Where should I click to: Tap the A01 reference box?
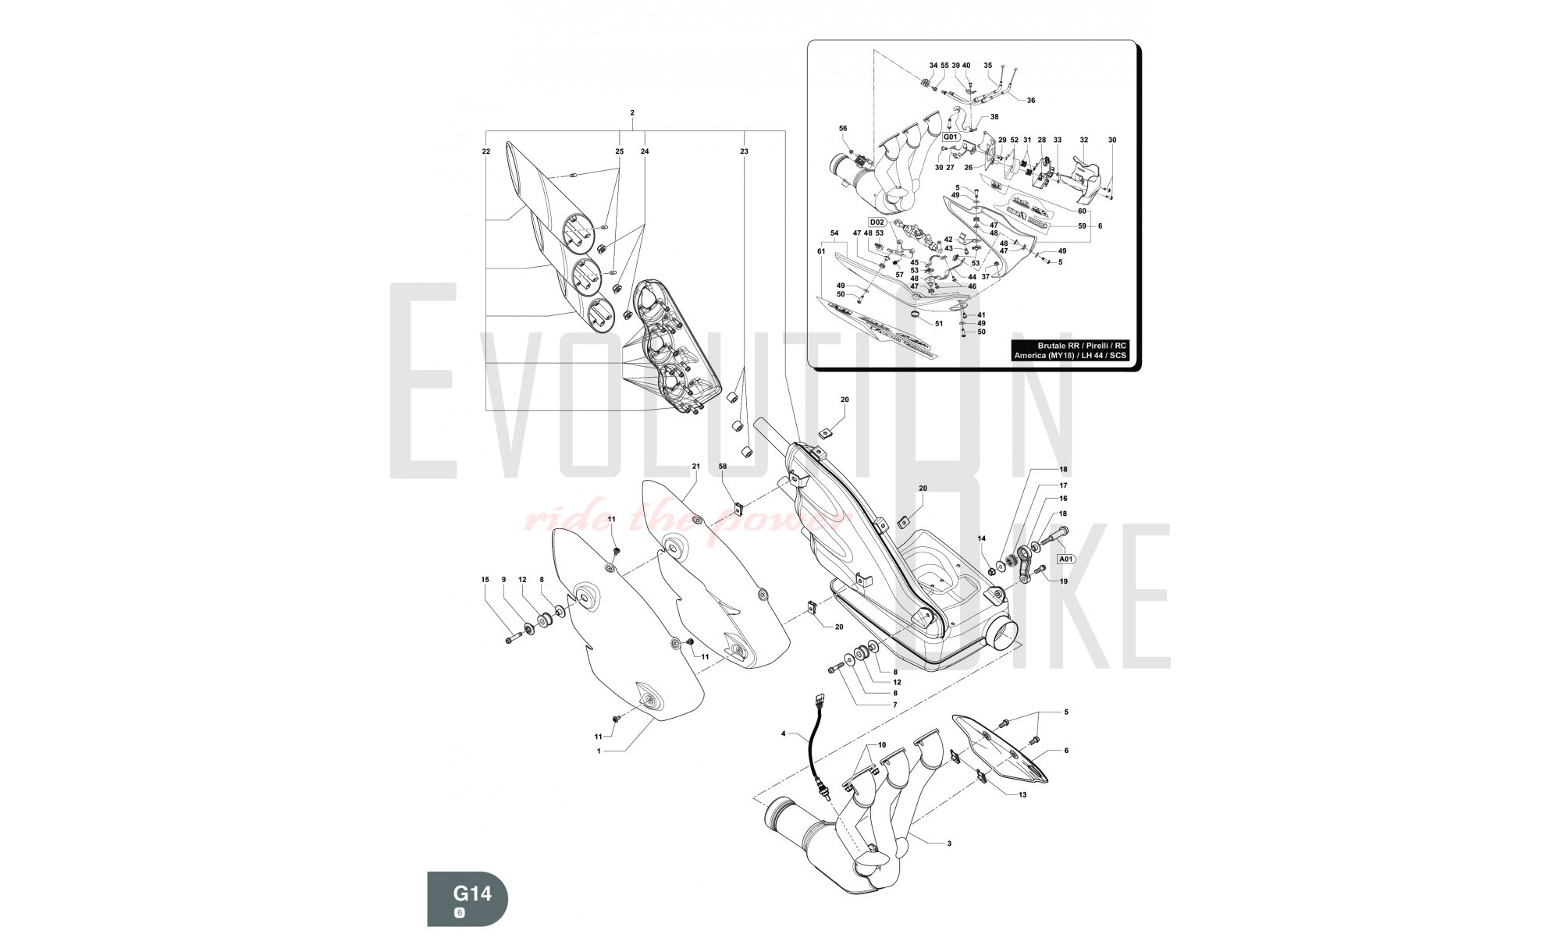pos(1066,559)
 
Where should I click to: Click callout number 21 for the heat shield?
pos(695,466)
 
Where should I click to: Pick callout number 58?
pos(723,466)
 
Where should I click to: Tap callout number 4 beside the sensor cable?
pos(784,734)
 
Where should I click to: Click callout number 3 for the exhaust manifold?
pos(948,844)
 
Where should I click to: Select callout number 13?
pos(1022,794)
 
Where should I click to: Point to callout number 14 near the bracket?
pos(982,538)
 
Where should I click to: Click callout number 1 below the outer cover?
pos(599,751)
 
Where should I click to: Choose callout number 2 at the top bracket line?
pos(631,113)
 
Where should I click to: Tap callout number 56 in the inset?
pos(843,128)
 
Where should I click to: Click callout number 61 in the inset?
pos(821,251)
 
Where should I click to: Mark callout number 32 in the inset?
pos(1083,140)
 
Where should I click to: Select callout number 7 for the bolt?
pos(895,705)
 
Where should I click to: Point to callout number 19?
pos(1063,581)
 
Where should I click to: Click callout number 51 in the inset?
pos(939,323)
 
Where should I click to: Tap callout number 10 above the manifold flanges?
pos(882,744)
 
